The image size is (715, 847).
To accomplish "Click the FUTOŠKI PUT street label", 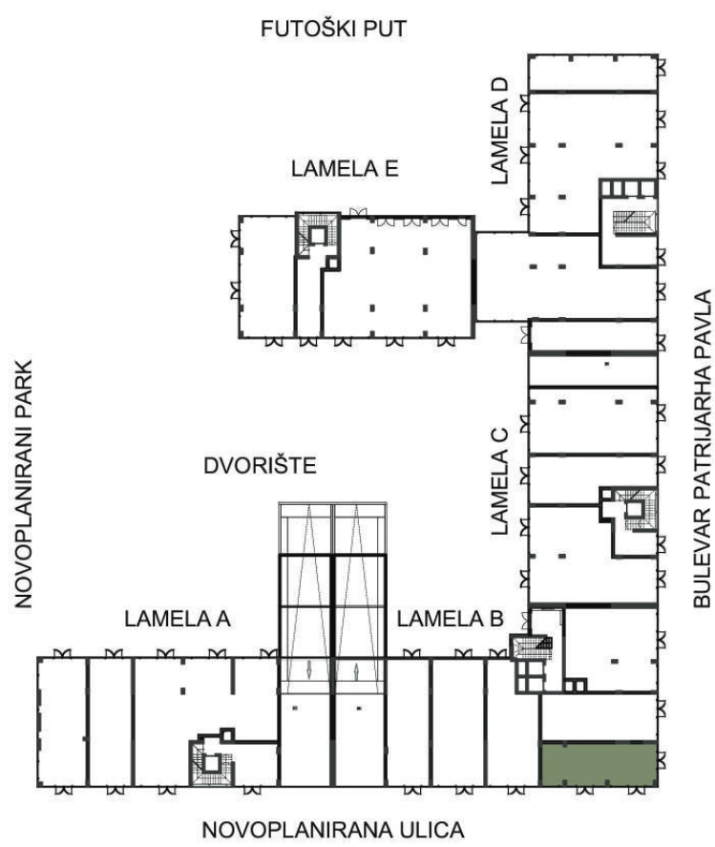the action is pyautogui.click(x=333, y=30).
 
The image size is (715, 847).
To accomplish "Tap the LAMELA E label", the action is pyautogui.click(x=345, y=169).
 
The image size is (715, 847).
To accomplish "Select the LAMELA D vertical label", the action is pyautogui.click(x=500, y=131).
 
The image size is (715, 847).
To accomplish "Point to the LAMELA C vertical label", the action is pyautogui.click(x=500, y=480).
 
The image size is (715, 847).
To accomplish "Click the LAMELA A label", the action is pyautogui.click(x=178, y=619).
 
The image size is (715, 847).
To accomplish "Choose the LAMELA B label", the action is pyautogui.click(x=451, y=619).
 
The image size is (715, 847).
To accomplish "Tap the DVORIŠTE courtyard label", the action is pyautogui.click(x=260, y=466).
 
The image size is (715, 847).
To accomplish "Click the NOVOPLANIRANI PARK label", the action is pyautogui.click(x=23, y=484).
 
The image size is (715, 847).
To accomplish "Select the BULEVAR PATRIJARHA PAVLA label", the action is pyautogui.click(x=702, y=450).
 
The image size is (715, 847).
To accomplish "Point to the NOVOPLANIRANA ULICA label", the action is pyautogui.click(x=333, y=830).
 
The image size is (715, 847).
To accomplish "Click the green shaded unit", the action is pyautogui.click(x=599, y=764).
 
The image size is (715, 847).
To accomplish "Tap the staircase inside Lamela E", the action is pyautogui.click(x=318, y=233).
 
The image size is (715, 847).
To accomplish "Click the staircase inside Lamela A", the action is pyautogui.click(x=212, y=763).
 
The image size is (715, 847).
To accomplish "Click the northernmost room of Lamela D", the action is pyautogui.click(x=593, y=73).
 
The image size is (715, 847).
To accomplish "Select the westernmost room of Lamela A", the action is pyautogui.click(x=62, y=722).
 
